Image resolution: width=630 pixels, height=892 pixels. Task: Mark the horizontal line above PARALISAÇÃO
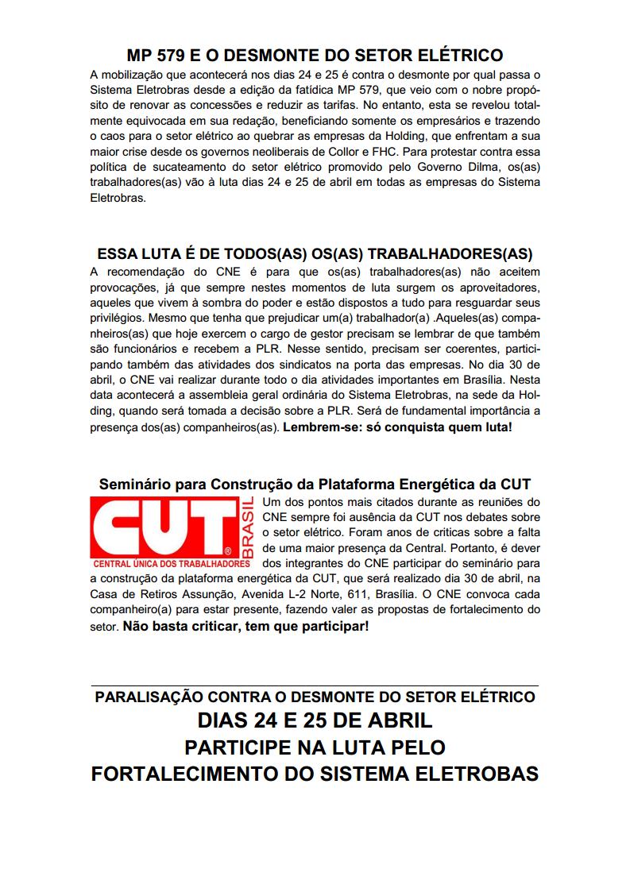coord(315,685)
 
